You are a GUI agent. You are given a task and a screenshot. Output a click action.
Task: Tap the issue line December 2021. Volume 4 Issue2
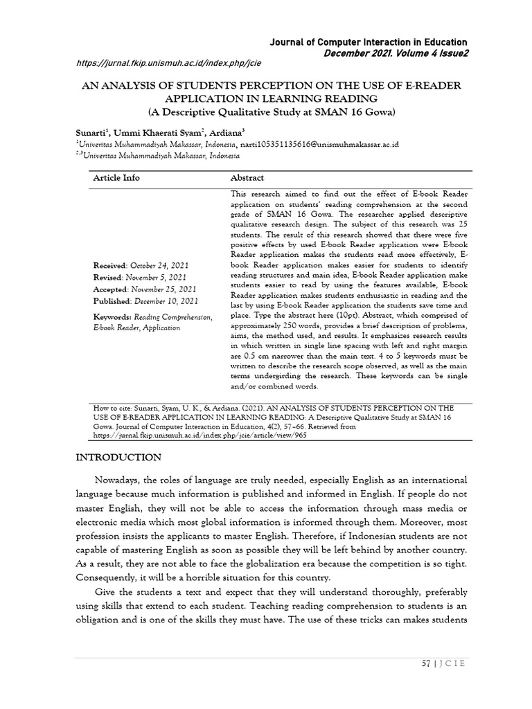tap(391, 53)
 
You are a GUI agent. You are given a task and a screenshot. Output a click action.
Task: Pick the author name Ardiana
tap(222, 132)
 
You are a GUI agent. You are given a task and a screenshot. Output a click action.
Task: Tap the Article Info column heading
tap(116, 178)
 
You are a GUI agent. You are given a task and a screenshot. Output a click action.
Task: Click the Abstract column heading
tap(247, 178)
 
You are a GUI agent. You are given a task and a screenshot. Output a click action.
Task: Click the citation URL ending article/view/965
tap(190, 436)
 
